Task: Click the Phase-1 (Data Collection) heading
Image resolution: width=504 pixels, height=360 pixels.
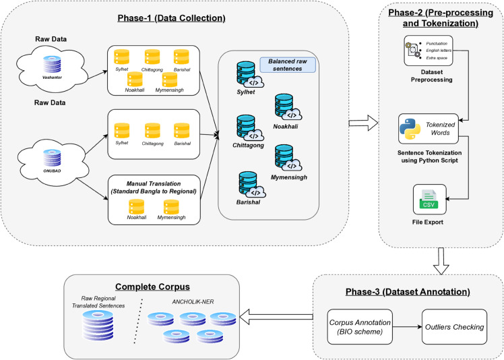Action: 171,18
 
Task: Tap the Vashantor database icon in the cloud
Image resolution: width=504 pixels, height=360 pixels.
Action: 52,64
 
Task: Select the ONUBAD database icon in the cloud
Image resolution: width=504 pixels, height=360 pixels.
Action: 52,158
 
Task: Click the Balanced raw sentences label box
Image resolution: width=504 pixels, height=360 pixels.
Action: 288,65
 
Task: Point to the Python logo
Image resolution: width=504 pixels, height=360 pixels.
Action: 410,129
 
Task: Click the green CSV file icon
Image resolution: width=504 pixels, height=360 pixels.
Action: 429,200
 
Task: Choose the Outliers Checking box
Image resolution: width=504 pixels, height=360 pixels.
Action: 455,327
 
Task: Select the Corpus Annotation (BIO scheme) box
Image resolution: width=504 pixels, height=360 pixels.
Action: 360,327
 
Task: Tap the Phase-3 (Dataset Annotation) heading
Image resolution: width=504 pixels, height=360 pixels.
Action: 408,292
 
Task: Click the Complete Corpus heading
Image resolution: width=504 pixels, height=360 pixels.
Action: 152,287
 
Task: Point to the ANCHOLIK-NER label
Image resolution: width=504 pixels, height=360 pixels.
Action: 193,302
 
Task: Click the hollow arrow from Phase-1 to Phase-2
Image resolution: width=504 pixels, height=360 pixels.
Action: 364,123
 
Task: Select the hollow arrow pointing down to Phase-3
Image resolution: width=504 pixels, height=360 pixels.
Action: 441,261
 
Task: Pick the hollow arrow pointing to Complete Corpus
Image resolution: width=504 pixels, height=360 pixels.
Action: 276,317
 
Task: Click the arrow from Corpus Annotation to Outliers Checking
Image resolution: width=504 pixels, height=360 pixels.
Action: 407,327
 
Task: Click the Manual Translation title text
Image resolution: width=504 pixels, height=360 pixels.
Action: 154,187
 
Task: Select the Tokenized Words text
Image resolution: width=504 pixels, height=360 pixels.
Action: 441,129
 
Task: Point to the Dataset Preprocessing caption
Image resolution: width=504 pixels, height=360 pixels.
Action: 432,76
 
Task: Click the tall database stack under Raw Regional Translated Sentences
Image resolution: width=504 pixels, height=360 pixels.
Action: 98,326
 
